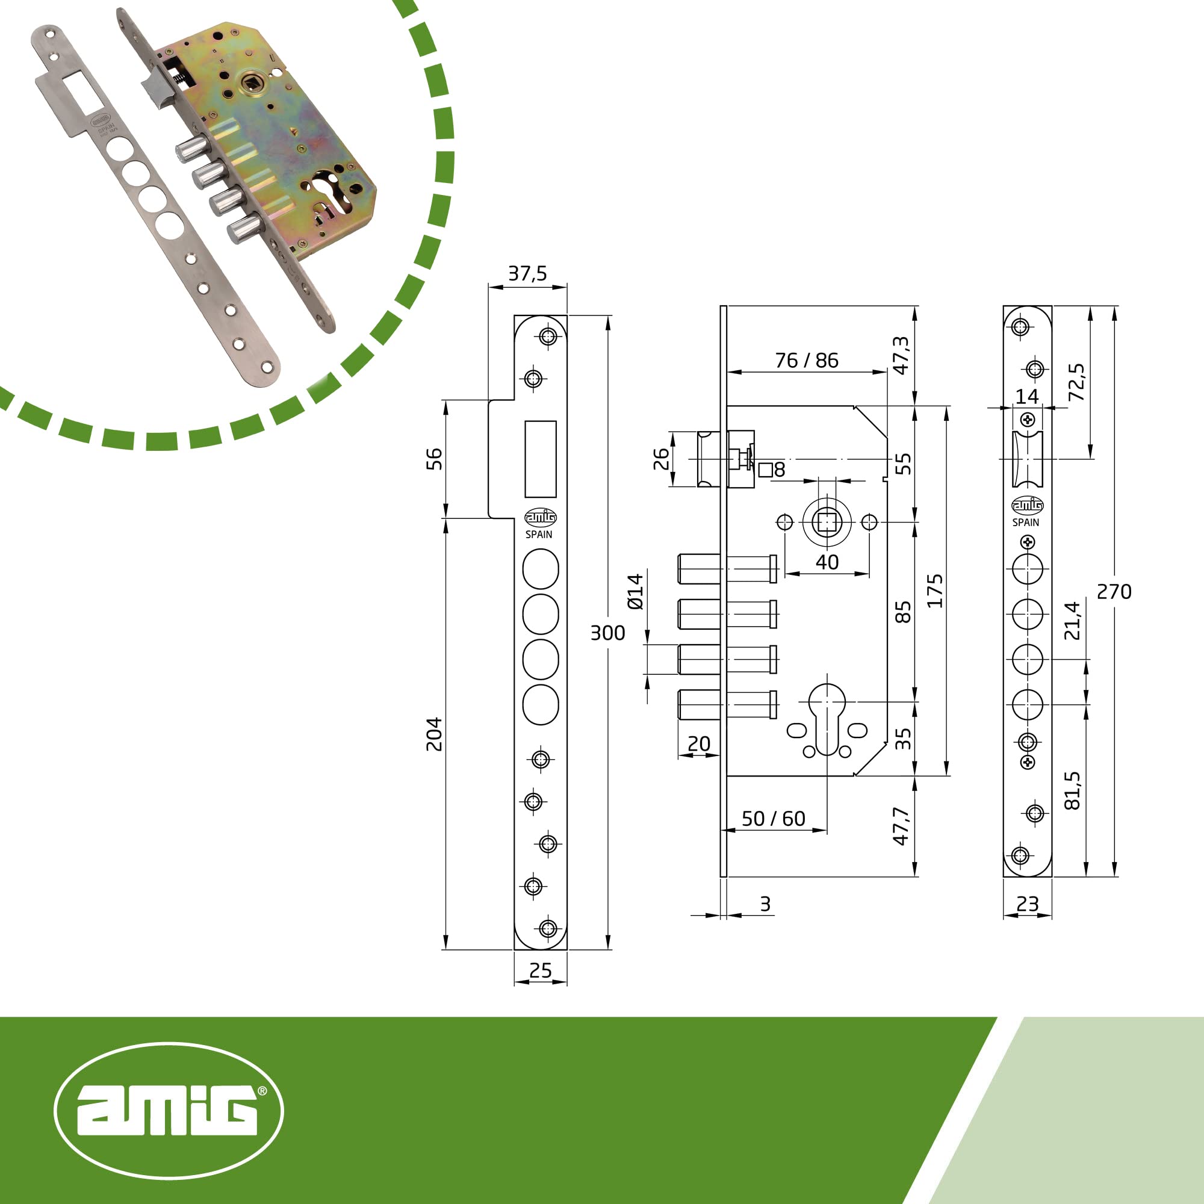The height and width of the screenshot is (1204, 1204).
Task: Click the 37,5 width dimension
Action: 527,273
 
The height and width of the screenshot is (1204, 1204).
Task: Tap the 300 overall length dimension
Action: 607,633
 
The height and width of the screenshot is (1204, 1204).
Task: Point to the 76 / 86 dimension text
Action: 807,360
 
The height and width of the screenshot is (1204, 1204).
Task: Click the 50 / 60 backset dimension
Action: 774,818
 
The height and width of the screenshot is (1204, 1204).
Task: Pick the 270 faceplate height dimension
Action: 1114,591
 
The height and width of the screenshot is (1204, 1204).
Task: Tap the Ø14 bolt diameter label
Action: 635,591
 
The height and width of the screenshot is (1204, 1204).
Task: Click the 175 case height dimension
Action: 934,591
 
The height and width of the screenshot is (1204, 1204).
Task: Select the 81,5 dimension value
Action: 1072,790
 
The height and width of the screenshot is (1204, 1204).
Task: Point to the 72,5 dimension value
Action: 1076,382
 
